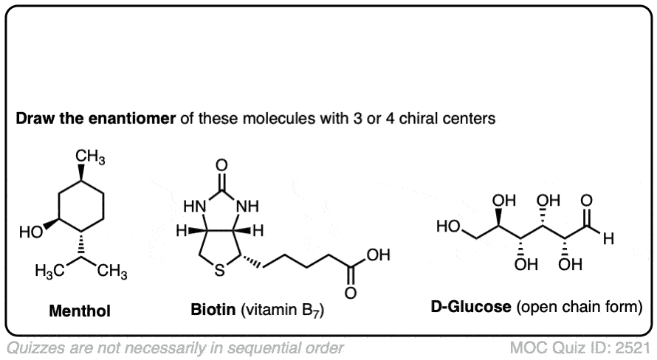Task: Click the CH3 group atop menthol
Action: point(91,157)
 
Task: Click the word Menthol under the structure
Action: point(79,312)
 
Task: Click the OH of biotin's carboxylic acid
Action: point(376,255)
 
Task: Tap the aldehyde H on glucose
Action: point(607,239)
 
